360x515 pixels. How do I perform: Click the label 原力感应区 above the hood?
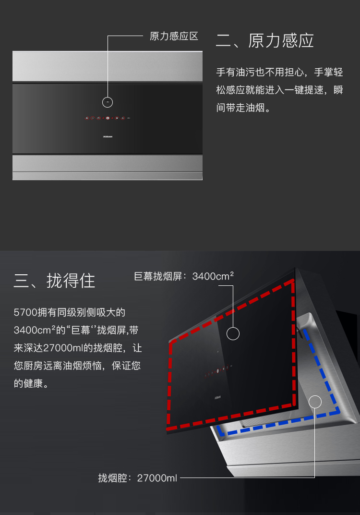[x=174, y=36]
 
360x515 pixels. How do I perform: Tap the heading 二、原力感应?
[x=265, y=41]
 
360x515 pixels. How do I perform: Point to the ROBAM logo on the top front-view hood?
[x=108, y=136]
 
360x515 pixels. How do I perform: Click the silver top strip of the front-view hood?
[x=108, y=66]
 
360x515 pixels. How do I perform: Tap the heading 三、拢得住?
[x=54, y=281]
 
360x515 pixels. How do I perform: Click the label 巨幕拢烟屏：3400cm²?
[x=184, y=276]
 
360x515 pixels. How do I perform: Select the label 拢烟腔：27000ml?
[x=137, y=478]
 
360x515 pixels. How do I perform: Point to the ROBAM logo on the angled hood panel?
[x=217, y=397]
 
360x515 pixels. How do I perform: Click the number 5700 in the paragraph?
[x=25, y=312]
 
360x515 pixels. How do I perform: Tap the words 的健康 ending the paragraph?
[x=28, y=383]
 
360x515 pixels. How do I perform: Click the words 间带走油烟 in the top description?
[x=240, y=108]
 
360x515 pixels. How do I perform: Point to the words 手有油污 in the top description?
[x=236, y=72]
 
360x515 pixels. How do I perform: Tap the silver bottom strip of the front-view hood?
[x=108, y=168]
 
